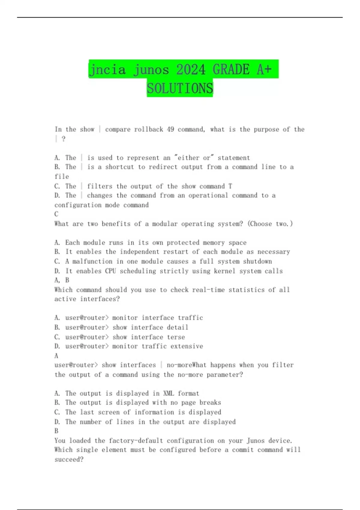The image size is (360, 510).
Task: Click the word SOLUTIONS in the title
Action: (x=180, y=88)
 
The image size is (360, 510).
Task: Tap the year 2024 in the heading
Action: (x=191, y=70)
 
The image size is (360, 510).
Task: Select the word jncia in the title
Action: (x=107, y=70)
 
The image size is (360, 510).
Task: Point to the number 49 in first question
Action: (x=170, y=129)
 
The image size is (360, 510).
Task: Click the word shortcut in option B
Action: (x=119, y=167)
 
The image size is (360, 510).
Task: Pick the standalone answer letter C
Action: (x=56, y=214)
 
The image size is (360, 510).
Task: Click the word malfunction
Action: (x=92, y=261)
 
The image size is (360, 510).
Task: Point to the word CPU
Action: (x=110, y=271)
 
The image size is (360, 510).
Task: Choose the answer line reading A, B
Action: (x=62, y=280)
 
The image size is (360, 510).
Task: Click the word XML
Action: (x=168, y=393)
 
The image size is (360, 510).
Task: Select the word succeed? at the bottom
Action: (x=69, y=459)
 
